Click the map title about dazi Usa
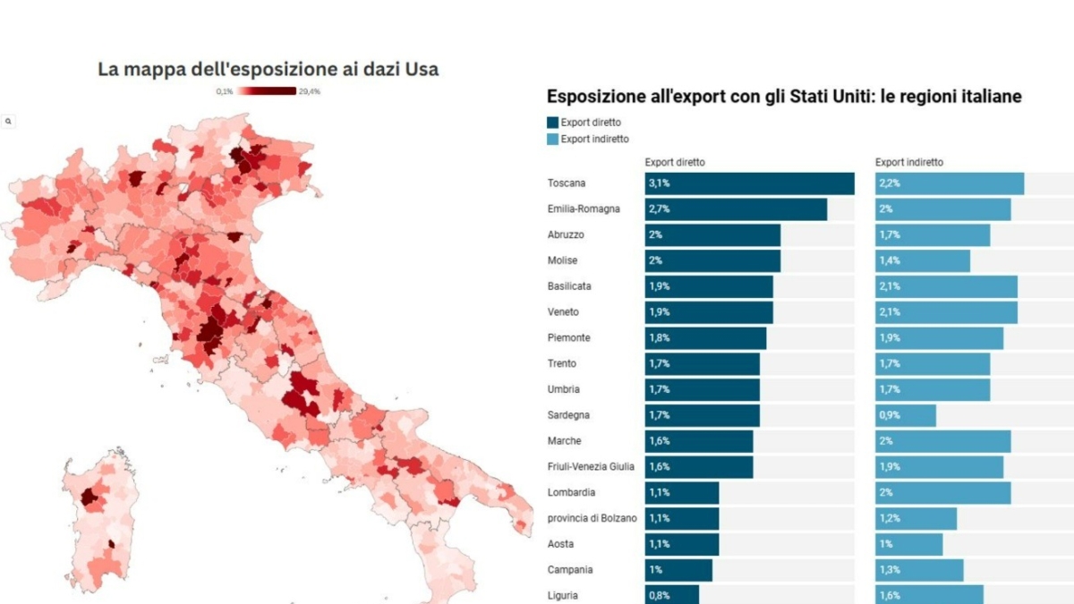click(x=268, y=69)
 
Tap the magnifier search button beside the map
click(x=8, y=121)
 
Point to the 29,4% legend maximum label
click(x=310, y=91)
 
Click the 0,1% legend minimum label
click(x=224, y=91)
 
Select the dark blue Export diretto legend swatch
click(x=552, y=123)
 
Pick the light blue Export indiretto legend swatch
click(x=552, y=139)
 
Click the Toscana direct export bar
click(x=749, y=183)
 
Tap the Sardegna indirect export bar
click(x=906, y=415)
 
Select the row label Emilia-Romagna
click(x=583, y=209)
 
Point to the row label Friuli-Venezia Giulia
click(x=591, y=467)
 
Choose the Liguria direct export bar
click(x=671, y=595)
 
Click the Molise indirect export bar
click(x=923, y=260)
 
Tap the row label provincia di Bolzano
click(x=592, y=518)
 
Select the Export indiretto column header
click(x=908, y=163)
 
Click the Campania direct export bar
click(x=678, y=570)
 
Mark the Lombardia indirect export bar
click(x=943, y=492)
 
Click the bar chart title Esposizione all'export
click(x=784, y=97)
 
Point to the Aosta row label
click(x=560, y=544)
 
